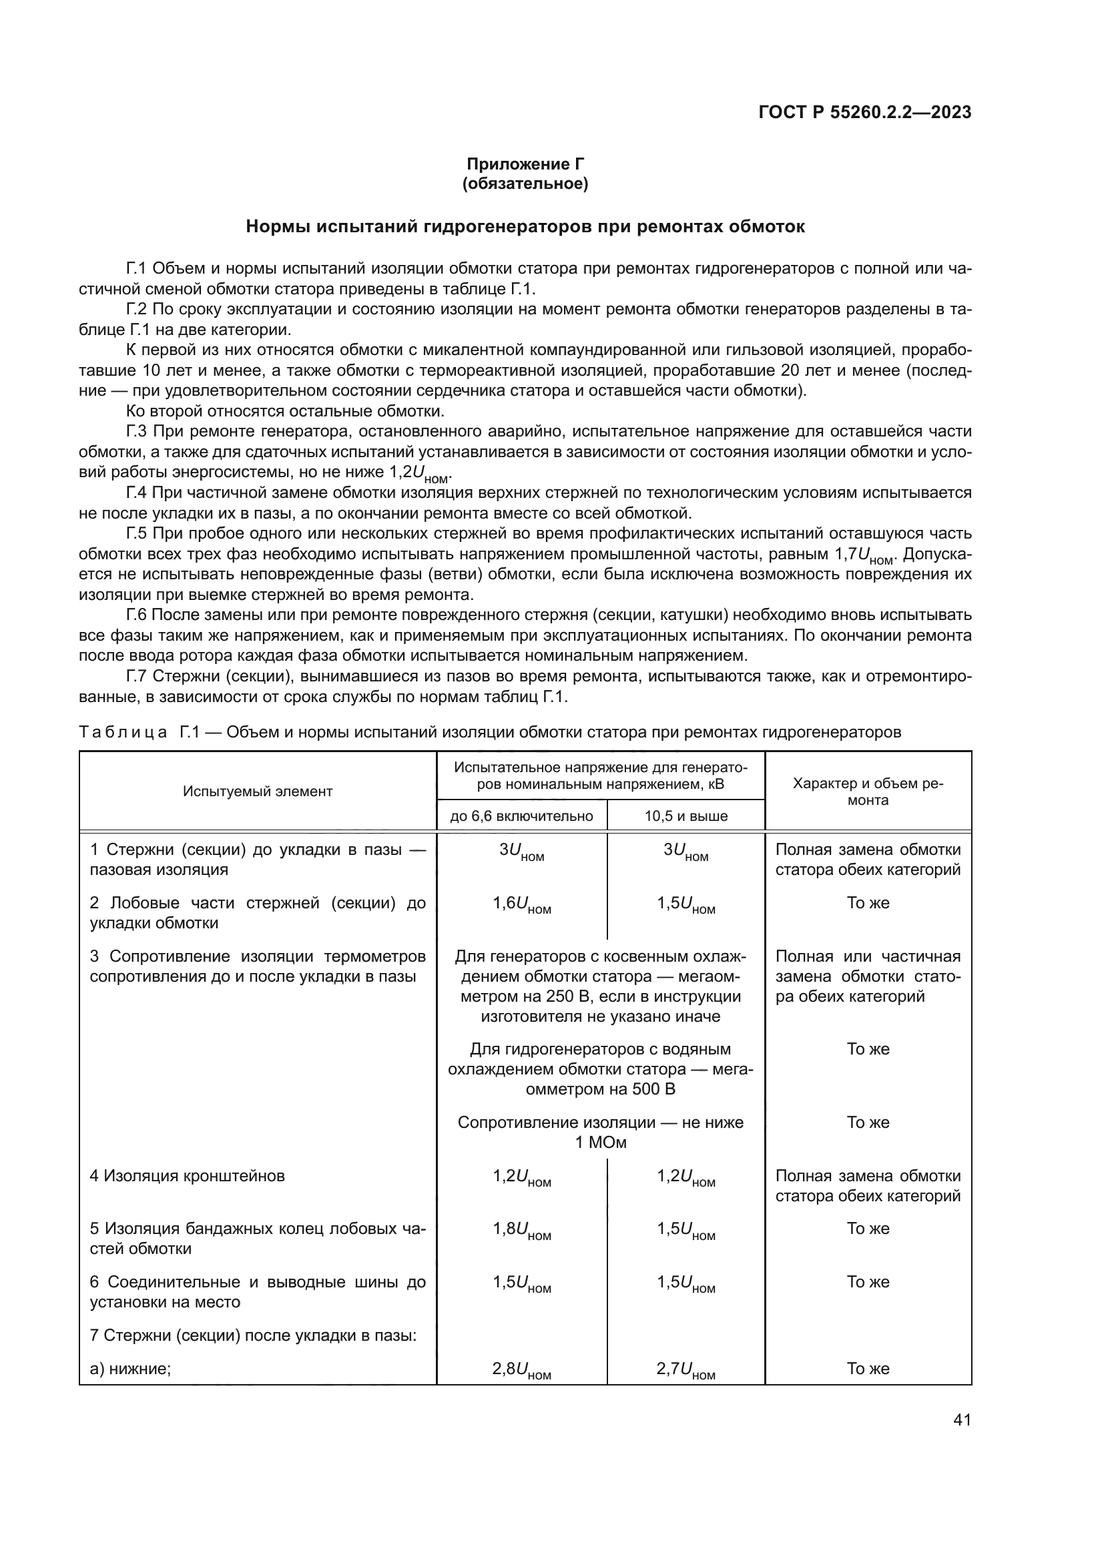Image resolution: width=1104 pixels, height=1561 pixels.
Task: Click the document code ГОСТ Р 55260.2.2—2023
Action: tap(864, 112)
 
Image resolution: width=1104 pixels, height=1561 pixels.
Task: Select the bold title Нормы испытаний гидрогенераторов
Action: tap(525, 226)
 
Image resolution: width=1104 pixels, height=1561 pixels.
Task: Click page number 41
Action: tap(962, 1420)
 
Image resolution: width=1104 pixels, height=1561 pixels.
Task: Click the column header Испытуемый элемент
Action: tap(258, 792)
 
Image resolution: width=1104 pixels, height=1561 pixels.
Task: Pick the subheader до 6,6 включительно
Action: tap(521, 816)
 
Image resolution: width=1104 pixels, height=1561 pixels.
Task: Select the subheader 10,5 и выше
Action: tap(686, 816)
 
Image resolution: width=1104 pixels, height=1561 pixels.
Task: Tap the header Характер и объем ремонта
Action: tap(868, 792)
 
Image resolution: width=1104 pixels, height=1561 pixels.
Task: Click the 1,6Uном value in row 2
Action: tap(521, 905)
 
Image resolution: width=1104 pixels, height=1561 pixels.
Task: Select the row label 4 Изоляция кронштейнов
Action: tap(188, 1175)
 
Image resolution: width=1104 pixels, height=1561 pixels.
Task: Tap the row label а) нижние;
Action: tap(131, 1369)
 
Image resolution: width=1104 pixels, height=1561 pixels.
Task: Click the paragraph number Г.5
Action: tap(137, 534)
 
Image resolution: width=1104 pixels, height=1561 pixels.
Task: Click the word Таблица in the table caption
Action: tap(123, 732)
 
